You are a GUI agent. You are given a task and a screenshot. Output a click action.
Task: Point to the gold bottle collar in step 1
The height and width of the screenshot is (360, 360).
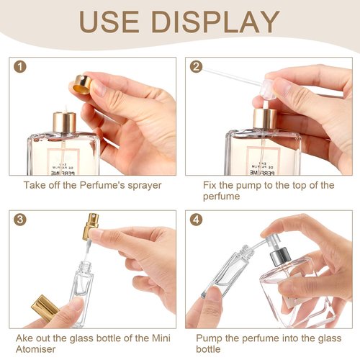[x=64, y=122]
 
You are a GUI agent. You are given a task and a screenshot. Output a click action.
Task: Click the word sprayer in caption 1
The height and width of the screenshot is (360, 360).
[x=140, y=185]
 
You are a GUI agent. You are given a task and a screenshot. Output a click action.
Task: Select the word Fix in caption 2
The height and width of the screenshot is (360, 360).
[x=210, y=185]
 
